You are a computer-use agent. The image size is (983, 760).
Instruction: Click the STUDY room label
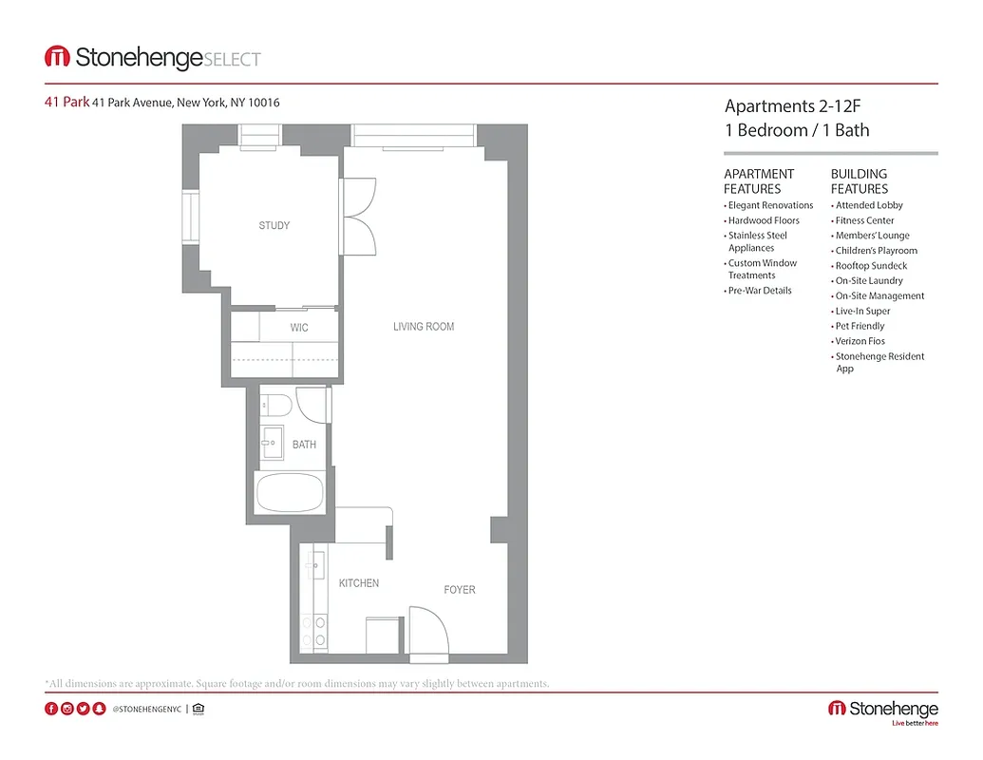click(x=274, y=226)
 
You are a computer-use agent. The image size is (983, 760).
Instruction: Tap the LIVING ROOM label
click(x=424, y=327)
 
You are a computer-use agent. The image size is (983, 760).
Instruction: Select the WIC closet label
click(x=298, y=328)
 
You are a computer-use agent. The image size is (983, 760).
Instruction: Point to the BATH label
click(x=304, y=445)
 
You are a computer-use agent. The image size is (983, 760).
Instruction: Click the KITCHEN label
click(x=359, y=583)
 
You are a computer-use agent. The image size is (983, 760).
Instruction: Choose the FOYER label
click(x=460, y=590)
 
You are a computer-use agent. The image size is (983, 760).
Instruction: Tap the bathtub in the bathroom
click(x=290, y=492)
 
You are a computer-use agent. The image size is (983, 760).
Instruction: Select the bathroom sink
click(x=272, y=441)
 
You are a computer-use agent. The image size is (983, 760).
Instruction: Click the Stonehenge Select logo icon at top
click(x=57, y=58)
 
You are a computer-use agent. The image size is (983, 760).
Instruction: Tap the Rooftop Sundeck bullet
click(x=871, y=266)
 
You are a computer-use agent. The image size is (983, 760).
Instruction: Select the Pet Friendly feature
click(x=860, y=326)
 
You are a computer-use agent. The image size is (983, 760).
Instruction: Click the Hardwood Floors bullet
click(x=764, y=220)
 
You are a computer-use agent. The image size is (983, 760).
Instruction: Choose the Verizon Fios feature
click(x=860, y=341)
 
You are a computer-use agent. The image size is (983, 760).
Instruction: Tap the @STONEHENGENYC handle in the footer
click(x=146, y=709)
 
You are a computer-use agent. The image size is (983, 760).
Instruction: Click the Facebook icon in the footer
click(x=51, y=709)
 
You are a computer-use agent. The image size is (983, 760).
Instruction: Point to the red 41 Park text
click(x=66, y=103)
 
